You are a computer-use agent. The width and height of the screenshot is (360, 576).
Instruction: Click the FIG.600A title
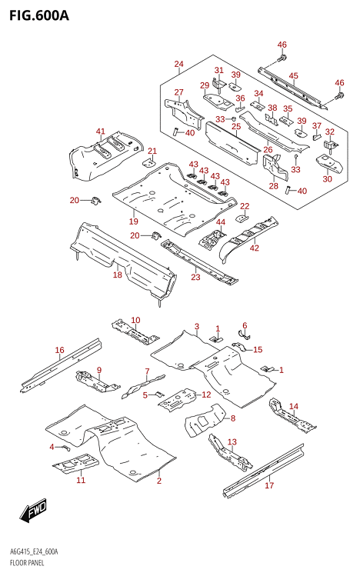[39, 15]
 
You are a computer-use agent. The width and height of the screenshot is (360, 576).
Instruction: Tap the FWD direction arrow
[33, 511]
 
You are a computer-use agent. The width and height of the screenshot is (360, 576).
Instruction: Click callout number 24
[178, 64]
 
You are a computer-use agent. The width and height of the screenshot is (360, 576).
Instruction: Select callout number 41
[100, 132]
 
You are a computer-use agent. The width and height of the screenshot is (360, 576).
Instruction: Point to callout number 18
[117, 274]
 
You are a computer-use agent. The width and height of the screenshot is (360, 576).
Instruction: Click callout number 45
[293, 75]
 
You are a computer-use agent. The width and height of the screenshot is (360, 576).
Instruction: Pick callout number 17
[269, 485]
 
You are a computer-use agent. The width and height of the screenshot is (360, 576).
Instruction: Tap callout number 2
[159, 481]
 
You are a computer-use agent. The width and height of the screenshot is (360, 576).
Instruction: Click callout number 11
[81, 480]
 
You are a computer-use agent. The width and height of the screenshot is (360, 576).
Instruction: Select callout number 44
[221, 222]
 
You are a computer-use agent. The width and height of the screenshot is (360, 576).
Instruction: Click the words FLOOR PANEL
[26, 563]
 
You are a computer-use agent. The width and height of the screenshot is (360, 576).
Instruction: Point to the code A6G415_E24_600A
[33, 552]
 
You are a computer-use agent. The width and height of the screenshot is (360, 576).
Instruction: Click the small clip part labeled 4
[65, 447]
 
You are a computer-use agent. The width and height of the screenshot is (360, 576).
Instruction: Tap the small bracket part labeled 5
[158, 395]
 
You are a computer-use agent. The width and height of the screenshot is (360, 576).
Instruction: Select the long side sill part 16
[62, 366]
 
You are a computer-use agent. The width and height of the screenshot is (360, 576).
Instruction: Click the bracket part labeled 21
[149, 161]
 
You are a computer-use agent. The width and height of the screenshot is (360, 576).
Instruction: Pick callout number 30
[327, 178]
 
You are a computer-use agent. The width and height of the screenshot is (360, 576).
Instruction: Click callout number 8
[232, 418]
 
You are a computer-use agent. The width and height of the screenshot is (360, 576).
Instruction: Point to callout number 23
[195, 277]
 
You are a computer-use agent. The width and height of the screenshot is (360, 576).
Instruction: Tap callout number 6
[245, 325]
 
